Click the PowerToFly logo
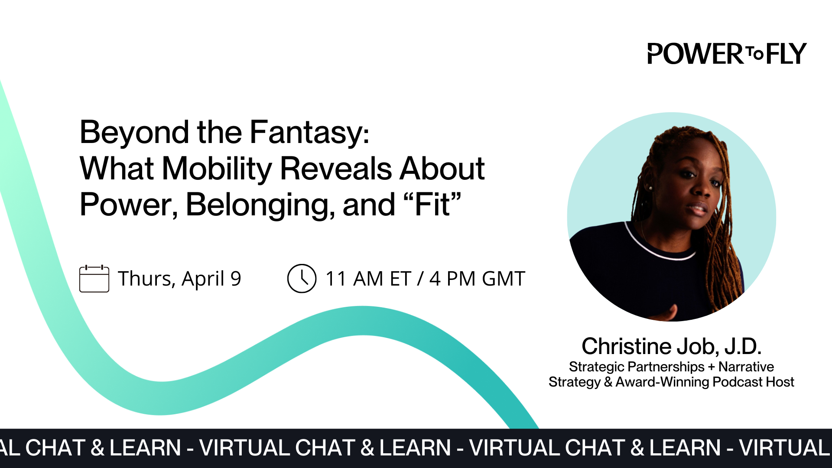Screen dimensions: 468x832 click(x=727, y=54)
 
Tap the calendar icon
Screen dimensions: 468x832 click(x=94, y=279)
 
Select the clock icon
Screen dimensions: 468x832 click(x=302, y=279)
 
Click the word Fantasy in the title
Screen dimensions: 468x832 click(x=309, y=132)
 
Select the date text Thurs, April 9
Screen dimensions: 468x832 click(x=179, y=279)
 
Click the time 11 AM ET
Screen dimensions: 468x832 click(x=368, y=279)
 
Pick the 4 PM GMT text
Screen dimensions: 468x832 click(x=477, y=279)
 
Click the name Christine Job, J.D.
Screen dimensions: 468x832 click(x=671, y=346)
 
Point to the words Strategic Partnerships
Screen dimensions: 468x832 click(x=637, y=367)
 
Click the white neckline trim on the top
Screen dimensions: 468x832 click(x=659, y=251)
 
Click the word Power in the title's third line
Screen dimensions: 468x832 click(x=128, y=205)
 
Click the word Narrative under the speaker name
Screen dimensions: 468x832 click(x=746, y=367)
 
